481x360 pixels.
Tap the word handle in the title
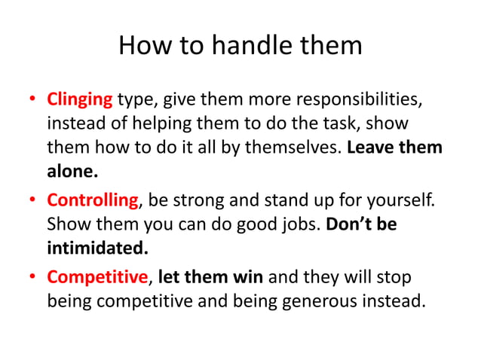coord(247,46)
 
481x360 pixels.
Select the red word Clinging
coord(80,99)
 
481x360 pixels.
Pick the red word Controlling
coord(93,201)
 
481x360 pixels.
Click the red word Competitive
coord(97,278)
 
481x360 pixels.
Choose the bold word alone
coord(72,172)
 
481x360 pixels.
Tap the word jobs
coord(299,225)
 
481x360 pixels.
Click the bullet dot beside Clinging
coord(32,100)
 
